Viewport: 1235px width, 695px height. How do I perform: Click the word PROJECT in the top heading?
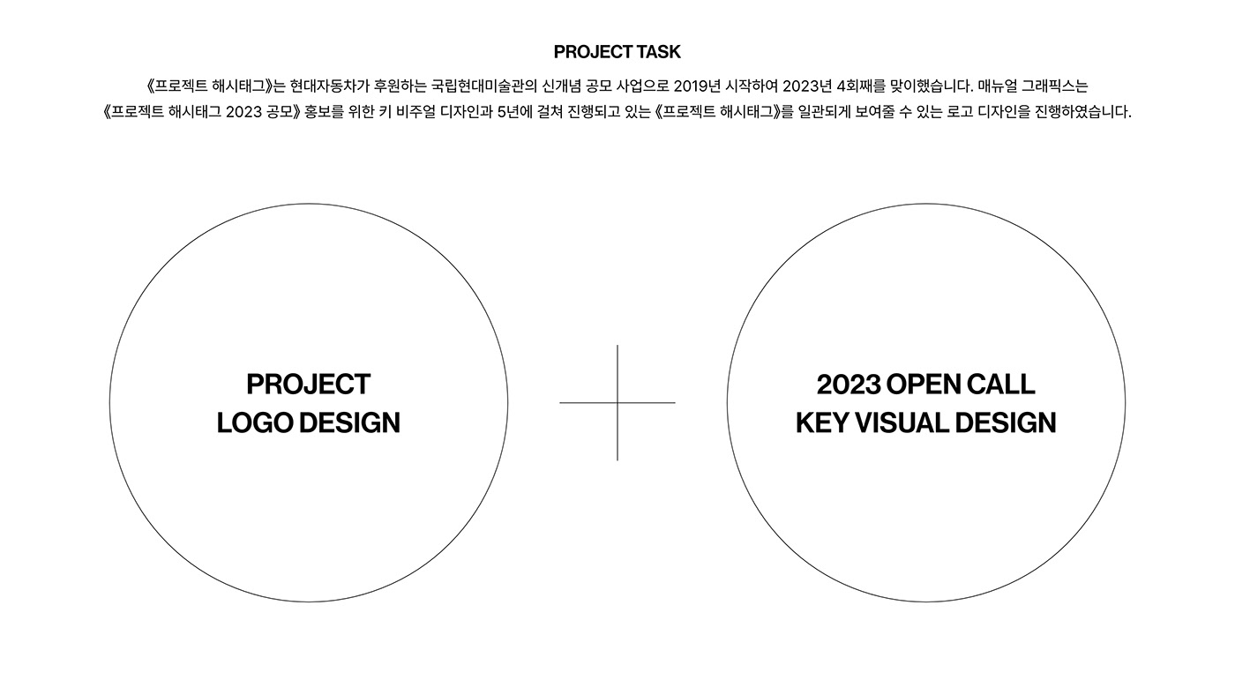point(593,52)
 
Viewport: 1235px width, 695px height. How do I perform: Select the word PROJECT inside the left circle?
point(308,385)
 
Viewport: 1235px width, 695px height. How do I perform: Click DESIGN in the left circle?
point(349,422)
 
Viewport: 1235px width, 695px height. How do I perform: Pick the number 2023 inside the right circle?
point(848,385)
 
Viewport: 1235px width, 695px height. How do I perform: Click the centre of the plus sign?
point(617,403)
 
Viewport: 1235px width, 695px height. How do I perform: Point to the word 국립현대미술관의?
point(484,86)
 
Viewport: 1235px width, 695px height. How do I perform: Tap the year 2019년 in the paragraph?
point(697,86)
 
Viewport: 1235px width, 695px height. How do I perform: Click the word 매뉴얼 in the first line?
point(998,86)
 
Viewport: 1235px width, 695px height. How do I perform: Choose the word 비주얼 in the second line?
point(415,112)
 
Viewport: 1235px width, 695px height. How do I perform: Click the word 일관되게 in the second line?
point(824,112)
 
